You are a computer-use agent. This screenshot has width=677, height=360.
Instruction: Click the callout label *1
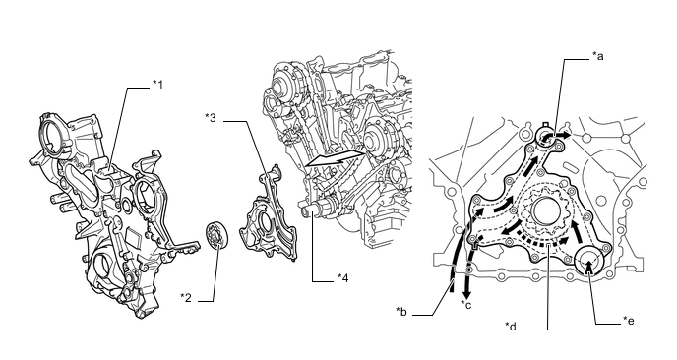pos(158,85)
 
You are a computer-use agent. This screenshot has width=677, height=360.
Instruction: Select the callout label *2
pos(186,297)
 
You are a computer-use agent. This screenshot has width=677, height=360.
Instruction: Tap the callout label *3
pos(211,117)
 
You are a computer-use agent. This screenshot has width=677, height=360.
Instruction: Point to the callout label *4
pos(342,278)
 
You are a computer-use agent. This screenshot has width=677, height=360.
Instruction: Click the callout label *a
pos(598,56)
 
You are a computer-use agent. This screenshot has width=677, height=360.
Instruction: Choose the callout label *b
pos(401,312)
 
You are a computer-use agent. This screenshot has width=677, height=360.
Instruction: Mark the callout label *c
pos(466,305)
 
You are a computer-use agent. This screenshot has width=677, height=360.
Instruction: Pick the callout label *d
pos(511,327)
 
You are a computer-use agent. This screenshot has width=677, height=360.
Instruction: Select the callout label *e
pos(629,321)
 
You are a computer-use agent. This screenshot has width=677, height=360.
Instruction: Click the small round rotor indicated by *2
pos(217,234)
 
